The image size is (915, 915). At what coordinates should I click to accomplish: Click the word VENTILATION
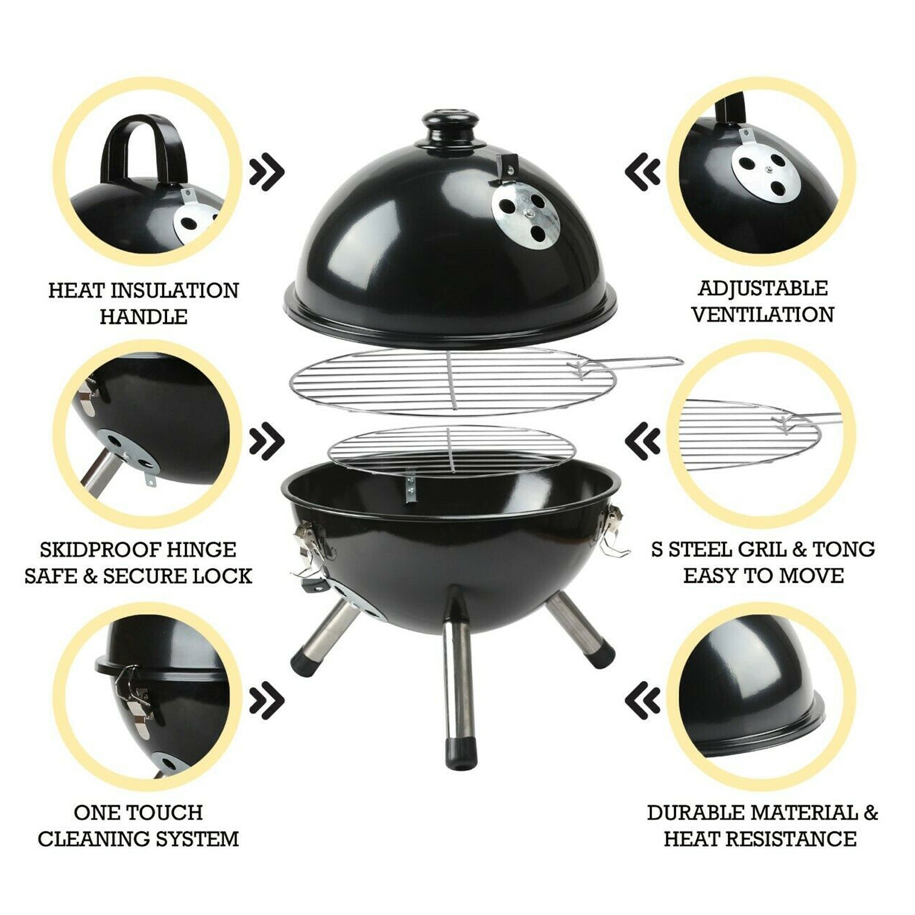tap(762, 315)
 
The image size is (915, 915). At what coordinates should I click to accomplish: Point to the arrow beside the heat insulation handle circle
tap(266, 170)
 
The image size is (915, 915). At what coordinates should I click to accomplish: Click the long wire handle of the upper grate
tap(635, 363)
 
